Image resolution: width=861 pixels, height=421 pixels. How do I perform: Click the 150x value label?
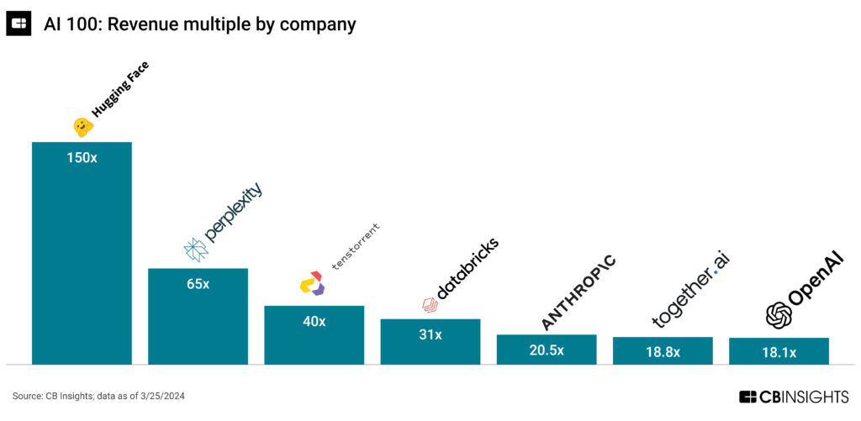click(82, 157)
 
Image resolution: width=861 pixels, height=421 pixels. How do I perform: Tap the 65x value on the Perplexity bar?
click(198, 284)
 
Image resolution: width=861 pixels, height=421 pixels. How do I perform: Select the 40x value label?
click(314, 321)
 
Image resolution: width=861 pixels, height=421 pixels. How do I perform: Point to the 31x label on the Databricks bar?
click(430, 334)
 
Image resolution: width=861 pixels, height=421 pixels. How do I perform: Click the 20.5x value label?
click(546, 350)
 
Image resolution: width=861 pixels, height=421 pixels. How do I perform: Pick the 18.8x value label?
click(662, 352)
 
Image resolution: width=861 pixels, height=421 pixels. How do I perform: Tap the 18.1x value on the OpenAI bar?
click(778, 353)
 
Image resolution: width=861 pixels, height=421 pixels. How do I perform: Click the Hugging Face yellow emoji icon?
click(82, 127)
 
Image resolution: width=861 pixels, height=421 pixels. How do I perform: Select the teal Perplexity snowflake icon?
click(195, 249)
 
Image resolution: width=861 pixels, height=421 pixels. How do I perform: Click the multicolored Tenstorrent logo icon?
click(311, 283)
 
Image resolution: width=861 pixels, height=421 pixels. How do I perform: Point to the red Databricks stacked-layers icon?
click(429, 305)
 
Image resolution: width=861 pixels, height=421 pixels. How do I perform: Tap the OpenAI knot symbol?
click(779, 315)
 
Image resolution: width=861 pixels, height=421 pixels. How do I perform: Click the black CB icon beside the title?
click(18, 24)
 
